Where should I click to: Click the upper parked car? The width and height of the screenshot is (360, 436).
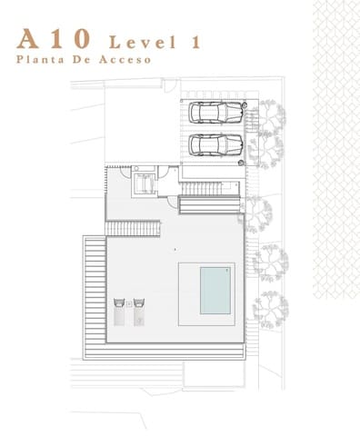[215, 113]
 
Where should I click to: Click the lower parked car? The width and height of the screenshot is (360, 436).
[215, 145]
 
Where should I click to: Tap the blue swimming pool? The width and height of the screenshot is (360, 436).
[215, 291]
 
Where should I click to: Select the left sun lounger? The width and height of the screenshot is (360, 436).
[119, 312]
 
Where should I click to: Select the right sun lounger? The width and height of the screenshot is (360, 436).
[139, 312]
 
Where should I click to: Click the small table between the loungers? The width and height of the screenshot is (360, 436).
[129, 303]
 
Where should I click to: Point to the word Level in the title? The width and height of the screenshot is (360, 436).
[143, 42]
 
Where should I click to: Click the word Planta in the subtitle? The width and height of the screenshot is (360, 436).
[40, 59]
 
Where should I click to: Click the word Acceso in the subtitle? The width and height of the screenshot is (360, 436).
[125, 59]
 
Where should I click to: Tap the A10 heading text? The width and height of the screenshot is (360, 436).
[54, 39]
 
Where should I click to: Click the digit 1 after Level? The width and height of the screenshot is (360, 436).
[195, 42]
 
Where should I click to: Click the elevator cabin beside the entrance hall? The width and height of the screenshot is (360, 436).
[145, 183]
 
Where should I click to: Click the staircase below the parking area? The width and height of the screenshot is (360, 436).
[203, 189]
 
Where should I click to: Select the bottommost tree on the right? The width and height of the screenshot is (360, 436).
[271, 309]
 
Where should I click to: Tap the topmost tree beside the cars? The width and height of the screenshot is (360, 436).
[270, 116]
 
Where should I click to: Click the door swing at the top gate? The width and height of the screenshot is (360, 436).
[170, 86]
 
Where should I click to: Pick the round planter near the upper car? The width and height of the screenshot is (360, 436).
[245, 104]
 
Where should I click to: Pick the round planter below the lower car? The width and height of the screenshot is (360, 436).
[241, 163]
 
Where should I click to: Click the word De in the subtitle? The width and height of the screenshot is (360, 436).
[82, 59]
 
